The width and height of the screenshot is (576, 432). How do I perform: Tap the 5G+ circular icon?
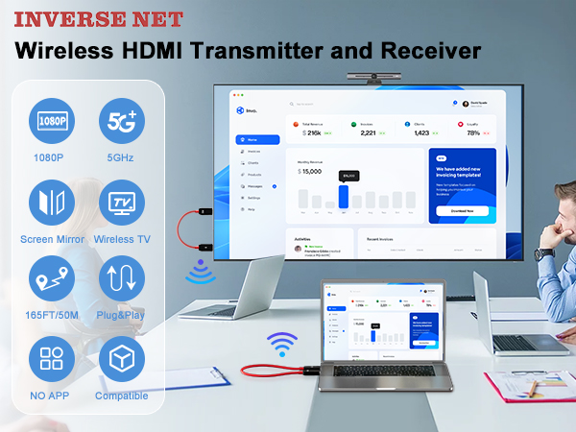122,121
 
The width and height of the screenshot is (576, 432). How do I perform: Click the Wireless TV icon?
122,203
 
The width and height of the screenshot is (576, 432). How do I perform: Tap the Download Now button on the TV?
462,210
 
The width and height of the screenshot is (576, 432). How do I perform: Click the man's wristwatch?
544,253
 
